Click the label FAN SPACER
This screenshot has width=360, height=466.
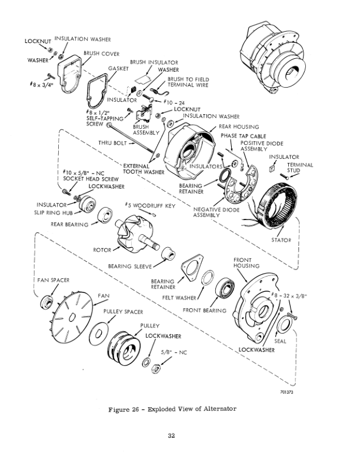(x=54, y=280)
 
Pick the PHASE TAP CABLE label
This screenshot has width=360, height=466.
(x=241, y=136)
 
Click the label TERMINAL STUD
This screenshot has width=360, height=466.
(x=300, y=168)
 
